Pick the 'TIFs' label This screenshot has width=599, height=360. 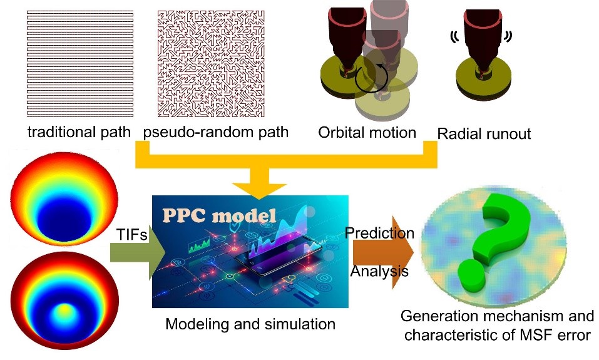coord(133,234)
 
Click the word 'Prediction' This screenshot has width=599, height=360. coord(380,233)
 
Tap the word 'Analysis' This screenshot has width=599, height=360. coord(379,272)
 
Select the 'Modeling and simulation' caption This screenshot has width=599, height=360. coord(250,324)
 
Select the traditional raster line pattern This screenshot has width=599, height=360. coord(79,63)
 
